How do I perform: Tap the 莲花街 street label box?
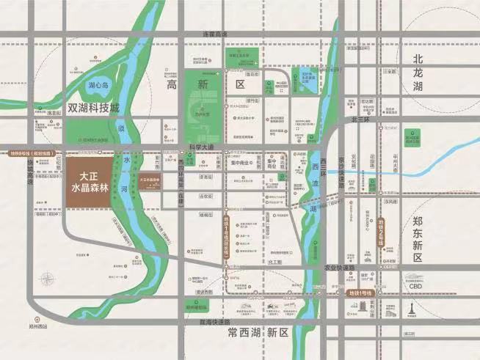(x=253, y=74)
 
